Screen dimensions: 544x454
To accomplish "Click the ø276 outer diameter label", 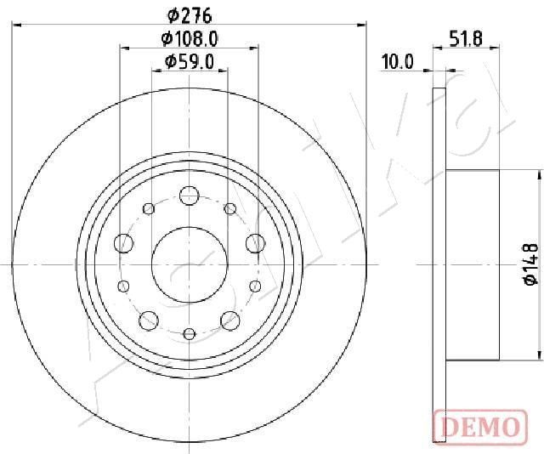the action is click(190, 15).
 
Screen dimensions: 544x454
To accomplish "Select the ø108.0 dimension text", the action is click(190, 38).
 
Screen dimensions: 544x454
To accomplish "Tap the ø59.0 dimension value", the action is click(190, 62).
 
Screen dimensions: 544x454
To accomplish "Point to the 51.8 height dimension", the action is click(466, 38).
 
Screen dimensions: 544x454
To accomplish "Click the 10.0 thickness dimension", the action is click(398, 62).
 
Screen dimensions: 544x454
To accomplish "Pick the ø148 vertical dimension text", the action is click(531, 264).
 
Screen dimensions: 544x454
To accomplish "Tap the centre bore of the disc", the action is click(190, 265).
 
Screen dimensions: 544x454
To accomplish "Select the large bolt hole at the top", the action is click(190, 196).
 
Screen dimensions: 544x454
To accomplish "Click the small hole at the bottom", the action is click(190, 334).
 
